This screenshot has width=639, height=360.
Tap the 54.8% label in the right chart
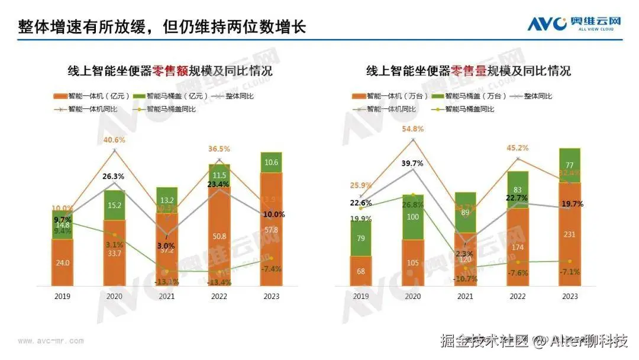(x=414, y=128)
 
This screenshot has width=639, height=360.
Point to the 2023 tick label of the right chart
(x=569, y=296)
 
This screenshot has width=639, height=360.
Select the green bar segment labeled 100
(x=414, y=217)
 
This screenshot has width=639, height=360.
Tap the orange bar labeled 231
(x=569, y=234)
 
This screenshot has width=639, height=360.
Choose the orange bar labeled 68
(x=360, y=271)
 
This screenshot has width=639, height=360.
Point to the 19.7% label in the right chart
(x=572, y=204)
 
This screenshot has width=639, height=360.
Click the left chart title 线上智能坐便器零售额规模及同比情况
(x=170, y=71)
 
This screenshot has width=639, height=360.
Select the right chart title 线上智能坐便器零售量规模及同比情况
(x=468, y=71)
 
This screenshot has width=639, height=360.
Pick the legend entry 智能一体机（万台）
(x=388, y=96)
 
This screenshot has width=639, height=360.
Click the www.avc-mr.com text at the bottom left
(x=50, y=340)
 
